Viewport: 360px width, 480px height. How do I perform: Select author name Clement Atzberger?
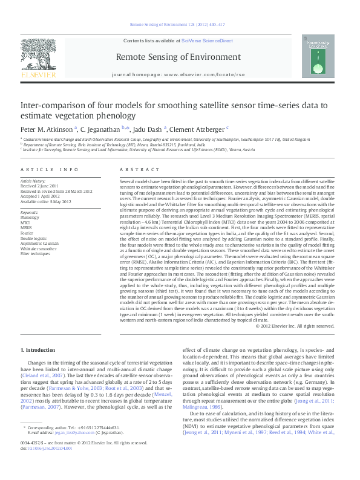click(197, 129)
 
